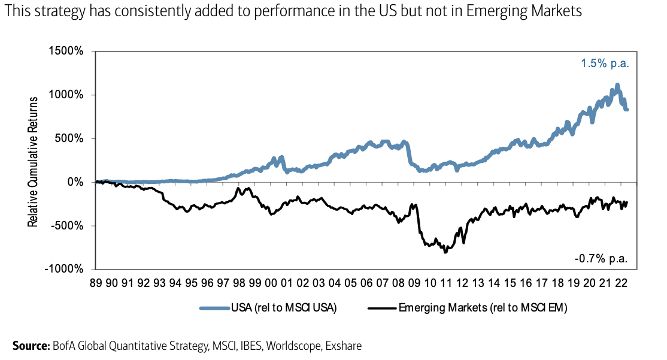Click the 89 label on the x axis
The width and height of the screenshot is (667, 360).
[x=96, y=282]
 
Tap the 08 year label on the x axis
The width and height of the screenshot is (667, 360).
[x=398, y=282]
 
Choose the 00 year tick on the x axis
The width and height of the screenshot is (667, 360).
[x=271, y=282]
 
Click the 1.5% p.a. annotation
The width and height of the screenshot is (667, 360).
[x=605, y=63]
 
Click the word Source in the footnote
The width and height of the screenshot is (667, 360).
[x=28, y=346]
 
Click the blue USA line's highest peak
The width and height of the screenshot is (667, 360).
[x=617, y=85]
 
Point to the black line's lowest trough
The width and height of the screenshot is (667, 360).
[x=445, y=252]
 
